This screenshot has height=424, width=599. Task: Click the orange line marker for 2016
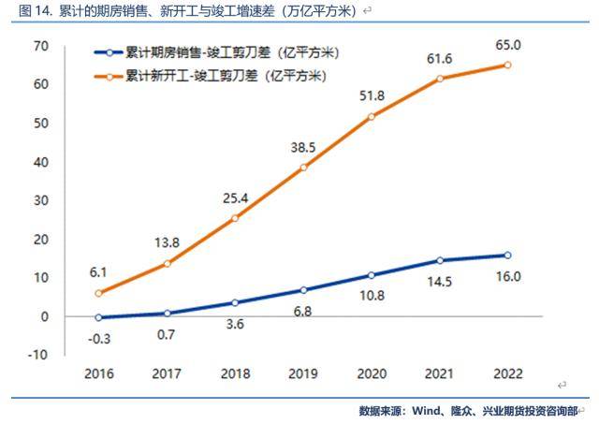[x=98, y=293]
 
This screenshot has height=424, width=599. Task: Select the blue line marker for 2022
[x=507, y=255]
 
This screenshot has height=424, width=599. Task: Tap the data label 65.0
[x=507, y=43]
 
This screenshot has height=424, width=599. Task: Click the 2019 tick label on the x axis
[x=302, y=373]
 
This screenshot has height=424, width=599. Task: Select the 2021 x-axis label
[x=439, y=373]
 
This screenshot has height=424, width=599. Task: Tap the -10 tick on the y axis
[x=37, y=355]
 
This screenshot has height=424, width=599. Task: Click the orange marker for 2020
[x=371, y=116]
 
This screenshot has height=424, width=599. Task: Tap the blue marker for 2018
[x=234, y=302]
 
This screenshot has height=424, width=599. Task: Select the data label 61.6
[x=439, y=58]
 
